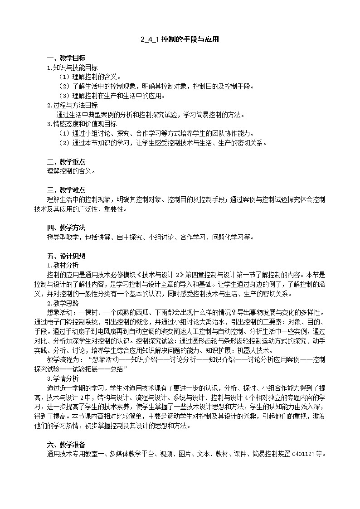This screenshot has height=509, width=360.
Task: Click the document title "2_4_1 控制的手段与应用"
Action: click(x=180, y=39)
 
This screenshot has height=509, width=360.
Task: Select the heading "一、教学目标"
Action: click(x=66, y=58)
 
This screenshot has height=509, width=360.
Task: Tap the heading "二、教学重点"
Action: click(x=66, y=162)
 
